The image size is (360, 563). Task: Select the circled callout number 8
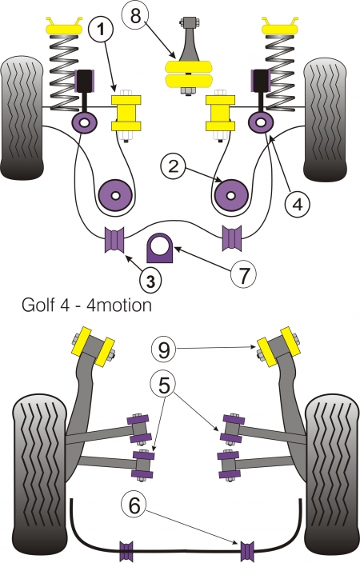(135, 15)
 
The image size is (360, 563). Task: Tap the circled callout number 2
(173, 166)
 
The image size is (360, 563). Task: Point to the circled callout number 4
(298, 205)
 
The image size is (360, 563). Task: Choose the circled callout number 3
(150, 281)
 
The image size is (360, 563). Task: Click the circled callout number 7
(243, 274)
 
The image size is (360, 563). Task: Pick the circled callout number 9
(164, 349)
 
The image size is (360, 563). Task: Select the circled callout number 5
(164, 385)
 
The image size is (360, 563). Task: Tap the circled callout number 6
(134, 505)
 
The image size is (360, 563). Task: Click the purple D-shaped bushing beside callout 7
(159, 247)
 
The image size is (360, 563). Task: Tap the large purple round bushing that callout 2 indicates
(231, 195)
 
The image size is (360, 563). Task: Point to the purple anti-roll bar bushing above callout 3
(114, 239)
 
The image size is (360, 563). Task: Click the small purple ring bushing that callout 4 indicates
(261, 122)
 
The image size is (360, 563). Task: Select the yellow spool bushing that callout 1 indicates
(126, 113)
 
